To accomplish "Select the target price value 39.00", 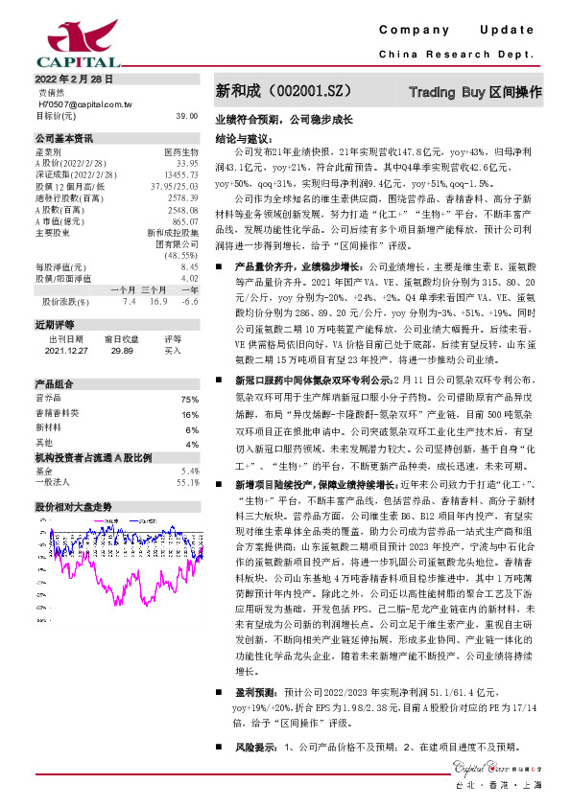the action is pos(187,115).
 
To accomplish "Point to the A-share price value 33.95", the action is pos(188,162).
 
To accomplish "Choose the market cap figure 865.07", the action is pos(185,220).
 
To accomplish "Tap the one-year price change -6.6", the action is pos(189,301).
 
